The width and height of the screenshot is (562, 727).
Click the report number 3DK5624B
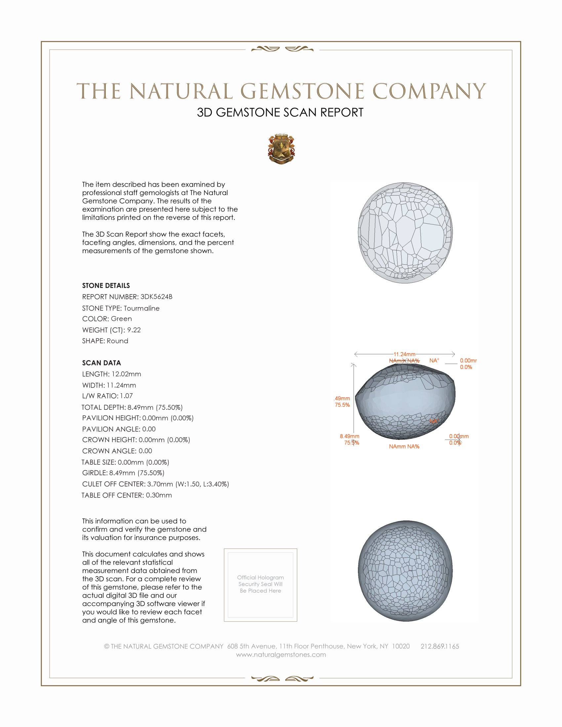click(x=156, y=297)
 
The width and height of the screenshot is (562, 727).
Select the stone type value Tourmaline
click(x=141, y=308)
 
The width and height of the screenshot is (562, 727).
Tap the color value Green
click(x=121, y=319)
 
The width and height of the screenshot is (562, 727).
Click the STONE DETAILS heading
click(x=106, y=286)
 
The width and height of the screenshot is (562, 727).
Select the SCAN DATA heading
click(x=101, y=363)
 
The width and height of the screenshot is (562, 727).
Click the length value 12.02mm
click(x=126, y=374)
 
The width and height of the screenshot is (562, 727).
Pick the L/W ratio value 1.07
click(x=126, y=396)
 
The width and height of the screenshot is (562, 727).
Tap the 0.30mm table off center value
click(x=159, y=495)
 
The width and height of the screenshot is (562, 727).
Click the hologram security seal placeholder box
click(x=261, y=585)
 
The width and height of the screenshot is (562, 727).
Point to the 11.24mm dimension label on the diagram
click(x=405, y=354)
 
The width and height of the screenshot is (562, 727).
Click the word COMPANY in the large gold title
click(x=429, y=91)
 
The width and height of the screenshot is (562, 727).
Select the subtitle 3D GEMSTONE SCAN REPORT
click(x=280, y=112)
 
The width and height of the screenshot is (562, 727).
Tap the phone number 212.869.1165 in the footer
click(x=439, y=646)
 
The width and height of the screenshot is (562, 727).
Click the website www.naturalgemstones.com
click(x=281, y=654)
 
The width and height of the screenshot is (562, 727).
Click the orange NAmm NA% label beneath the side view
click(x=404, y=446)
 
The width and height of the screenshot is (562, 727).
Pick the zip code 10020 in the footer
click(x=401, y=646)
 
